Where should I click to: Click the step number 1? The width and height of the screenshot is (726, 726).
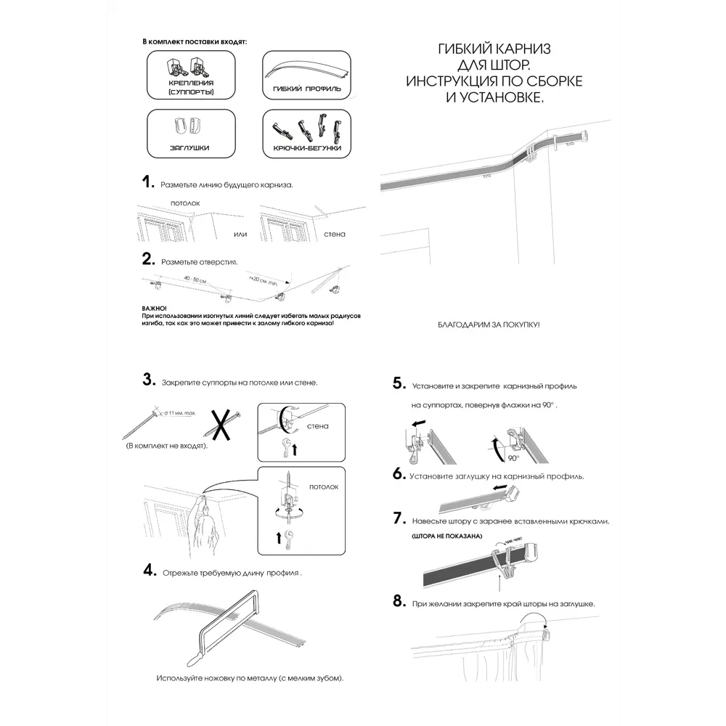148,182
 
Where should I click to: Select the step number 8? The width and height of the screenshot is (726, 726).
399,601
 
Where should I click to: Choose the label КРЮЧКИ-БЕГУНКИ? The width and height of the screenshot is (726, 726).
307,148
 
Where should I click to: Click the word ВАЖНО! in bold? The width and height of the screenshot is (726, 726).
155,309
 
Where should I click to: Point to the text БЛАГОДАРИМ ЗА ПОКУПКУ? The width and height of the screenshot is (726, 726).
489,324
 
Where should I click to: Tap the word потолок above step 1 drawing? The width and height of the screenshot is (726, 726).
184,203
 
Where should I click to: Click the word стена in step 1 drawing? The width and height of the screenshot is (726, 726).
335,234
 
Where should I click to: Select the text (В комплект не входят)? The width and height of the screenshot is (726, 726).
166,444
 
